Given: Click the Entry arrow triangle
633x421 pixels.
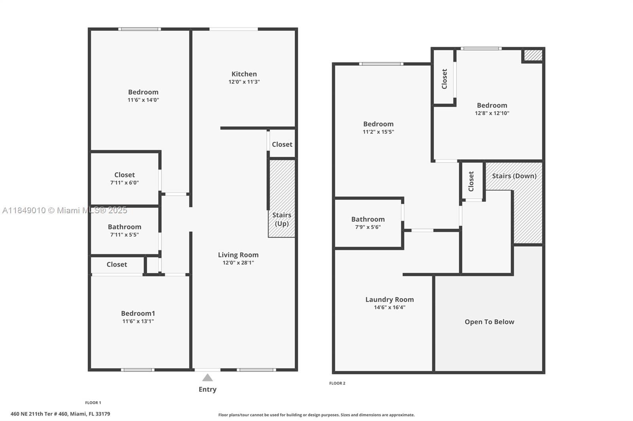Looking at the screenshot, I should click(207, 378).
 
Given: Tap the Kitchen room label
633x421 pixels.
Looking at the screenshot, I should click(244, 74).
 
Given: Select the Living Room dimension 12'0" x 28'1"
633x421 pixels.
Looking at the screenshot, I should click(238, 263).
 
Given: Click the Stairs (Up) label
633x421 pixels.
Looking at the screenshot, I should click(282, 219).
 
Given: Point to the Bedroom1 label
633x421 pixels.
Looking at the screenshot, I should click(138, 313).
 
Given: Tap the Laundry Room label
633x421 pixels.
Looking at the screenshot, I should click(389, 299).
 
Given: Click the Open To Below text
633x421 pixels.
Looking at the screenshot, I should click(489, 322).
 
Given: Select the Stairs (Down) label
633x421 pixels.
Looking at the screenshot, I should click(514, 176).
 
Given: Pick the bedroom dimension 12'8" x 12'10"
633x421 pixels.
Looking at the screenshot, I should click(492, 113).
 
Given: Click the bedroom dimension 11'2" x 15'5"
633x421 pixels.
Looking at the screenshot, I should click(378, 132).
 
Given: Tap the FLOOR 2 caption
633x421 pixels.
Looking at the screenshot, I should click(337, 383).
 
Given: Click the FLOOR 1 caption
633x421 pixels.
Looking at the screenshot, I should click(93, 403).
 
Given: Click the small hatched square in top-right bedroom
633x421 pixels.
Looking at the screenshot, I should click(533, 55).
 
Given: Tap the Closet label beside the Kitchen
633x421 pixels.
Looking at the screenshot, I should click(282, 144).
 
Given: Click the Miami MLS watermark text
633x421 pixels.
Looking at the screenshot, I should click(64, 210).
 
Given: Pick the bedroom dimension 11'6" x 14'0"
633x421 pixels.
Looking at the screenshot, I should click(143, 100).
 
